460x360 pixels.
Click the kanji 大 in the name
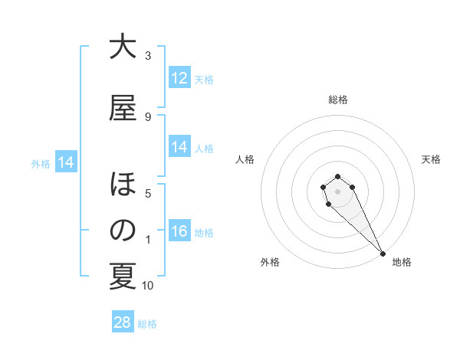pos(123,47)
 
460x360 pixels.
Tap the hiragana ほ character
pos(123,186)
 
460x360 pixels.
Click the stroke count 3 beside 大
pos(148,55)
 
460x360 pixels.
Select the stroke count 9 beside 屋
pos(148,116)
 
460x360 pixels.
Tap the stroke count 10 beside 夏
pos(148,286)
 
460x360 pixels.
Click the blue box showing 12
pos(179,78)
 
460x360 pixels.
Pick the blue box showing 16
pos(179,231)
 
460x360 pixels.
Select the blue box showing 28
pos(123,322)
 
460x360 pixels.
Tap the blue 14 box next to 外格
pos(65,162)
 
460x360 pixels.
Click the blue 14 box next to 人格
pos(179,147)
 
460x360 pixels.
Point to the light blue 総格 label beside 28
pos(147,324)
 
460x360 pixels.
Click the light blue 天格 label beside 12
pos(204,79)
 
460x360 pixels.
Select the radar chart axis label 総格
pos(338,100)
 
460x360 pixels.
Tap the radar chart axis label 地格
pos(402,263)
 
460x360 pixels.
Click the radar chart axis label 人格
pos(245,159)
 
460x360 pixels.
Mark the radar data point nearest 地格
pos(383,254)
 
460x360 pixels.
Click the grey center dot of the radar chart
pos(337,191)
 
